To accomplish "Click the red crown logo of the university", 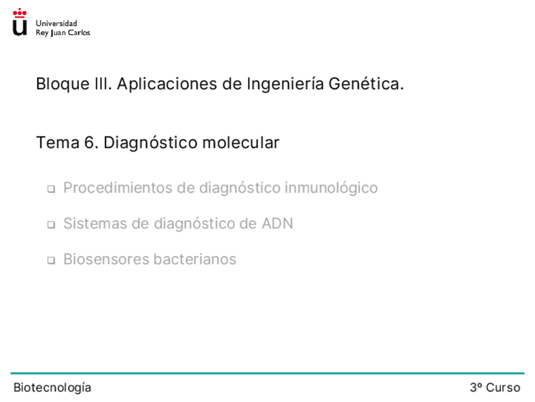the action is coord(20,13).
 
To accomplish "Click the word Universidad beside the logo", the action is coord(56,23).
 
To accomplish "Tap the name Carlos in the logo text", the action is coord(79,32).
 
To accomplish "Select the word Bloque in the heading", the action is coord(63,84).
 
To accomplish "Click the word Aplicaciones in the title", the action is coord(167,84).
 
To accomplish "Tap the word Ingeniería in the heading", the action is coord(285,84).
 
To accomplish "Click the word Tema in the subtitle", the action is coord(57,143).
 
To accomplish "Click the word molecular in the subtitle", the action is coord(240,143).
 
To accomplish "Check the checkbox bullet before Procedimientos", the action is coord(51,189).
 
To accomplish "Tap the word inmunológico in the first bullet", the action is coord(331,188).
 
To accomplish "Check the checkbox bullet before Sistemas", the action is coord(51,224).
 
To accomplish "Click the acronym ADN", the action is coord(278,224).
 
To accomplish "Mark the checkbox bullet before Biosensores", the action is coord(51,260).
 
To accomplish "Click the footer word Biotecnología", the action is coord(52,387).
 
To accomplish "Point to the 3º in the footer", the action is coord(476,387).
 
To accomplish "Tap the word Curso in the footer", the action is coord(503,387).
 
